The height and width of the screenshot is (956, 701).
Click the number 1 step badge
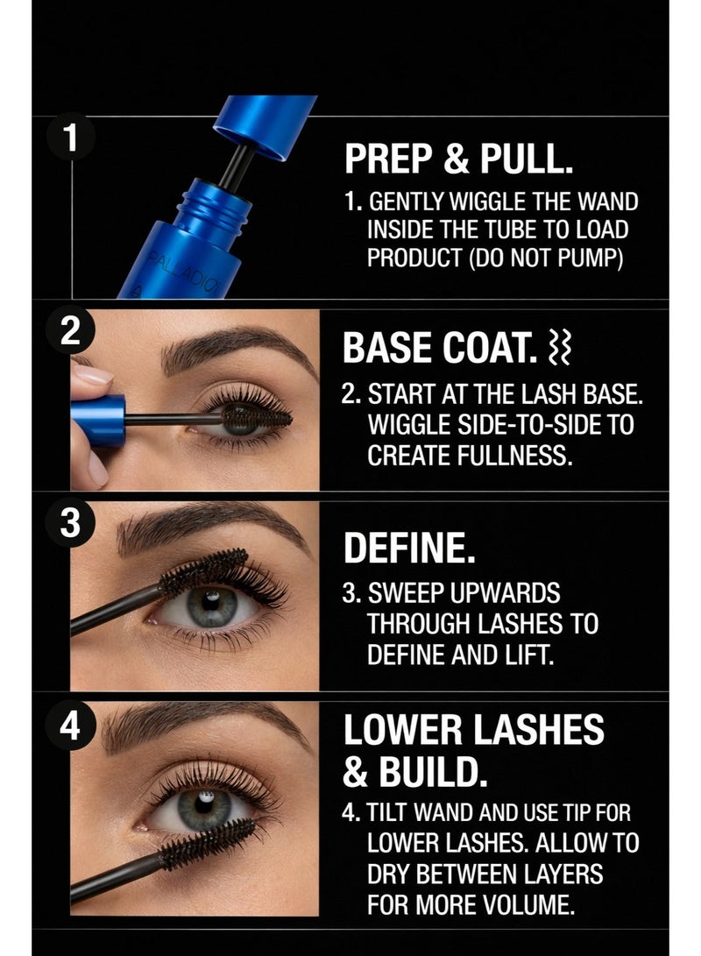point(71,137)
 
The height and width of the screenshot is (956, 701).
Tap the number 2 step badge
point(71,332)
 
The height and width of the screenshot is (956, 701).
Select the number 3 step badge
point(71,523)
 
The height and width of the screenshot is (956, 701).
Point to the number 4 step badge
point(71,726)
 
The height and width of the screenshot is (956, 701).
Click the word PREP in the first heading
point(388,159)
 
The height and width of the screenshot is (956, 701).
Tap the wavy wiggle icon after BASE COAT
point(560,348)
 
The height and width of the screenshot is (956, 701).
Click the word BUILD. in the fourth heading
point(433,771)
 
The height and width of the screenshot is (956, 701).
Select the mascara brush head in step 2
point(256,417)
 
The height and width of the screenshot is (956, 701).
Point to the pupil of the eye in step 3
point(211,604)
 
